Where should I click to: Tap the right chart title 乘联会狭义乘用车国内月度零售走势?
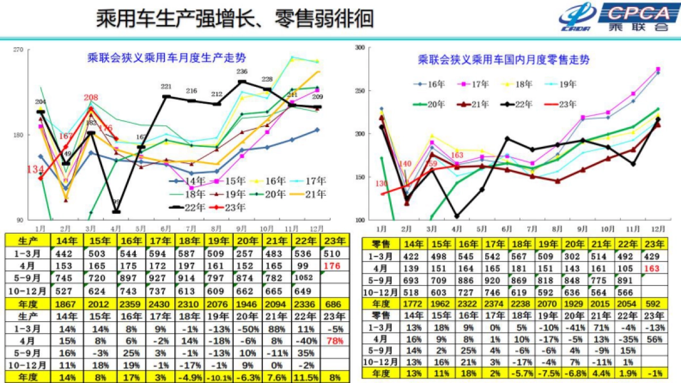pos(503,59)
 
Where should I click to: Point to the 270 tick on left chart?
pos(18,50)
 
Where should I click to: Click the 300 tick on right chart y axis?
pos(359,48)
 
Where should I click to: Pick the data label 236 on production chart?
pos(242,72)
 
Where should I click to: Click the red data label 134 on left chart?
pos(35,169)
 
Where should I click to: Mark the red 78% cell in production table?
pos(330,339)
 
